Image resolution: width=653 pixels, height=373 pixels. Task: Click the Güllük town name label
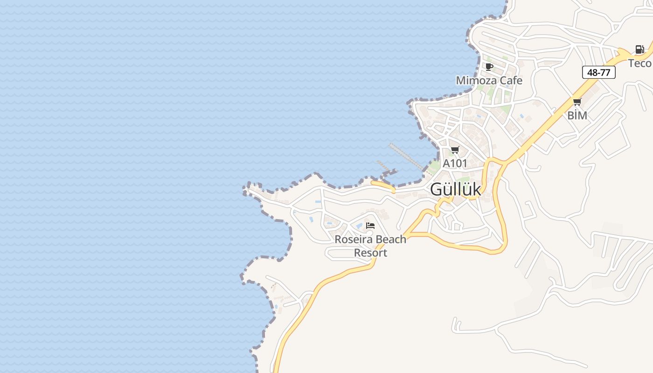[455, 189]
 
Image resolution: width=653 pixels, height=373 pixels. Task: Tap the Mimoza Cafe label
[489, 80]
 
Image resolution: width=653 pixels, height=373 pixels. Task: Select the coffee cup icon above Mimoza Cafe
[489, 67]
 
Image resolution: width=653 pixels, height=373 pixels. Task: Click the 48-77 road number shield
[599, 72]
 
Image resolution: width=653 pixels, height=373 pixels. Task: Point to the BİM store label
[577, 115]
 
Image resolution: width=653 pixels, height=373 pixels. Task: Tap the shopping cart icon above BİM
[577, 102]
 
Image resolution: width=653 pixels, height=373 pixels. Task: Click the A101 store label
[455, 163]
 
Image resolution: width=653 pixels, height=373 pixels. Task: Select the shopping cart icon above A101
[455, 150]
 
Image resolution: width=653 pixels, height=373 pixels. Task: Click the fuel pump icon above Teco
[639, 49]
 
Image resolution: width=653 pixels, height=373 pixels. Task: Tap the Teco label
[639, 63]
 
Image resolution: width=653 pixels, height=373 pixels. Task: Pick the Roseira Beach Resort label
[370, 246]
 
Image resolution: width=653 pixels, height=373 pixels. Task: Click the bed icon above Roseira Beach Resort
[370, 226]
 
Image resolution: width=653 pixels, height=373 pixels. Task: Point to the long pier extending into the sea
[406, 156]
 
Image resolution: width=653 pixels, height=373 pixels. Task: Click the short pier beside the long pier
[383, 166]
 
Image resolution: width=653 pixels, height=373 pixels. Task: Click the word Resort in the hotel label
[370, 253]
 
